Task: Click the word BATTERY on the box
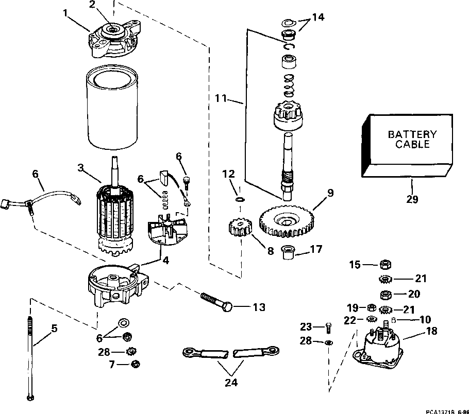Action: tap(412, 134)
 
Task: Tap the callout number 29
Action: tap(412, 199)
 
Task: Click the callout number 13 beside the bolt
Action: tap(258, 307)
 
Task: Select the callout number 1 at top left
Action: tap(66, 12)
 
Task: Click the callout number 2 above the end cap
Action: tap(92, 5)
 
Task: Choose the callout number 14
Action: tap(319, 18)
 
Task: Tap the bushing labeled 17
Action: tap(288, 253)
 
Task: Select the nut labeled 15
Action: tap(384, 265)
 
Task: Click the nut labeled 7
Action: tap(136, 365)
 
